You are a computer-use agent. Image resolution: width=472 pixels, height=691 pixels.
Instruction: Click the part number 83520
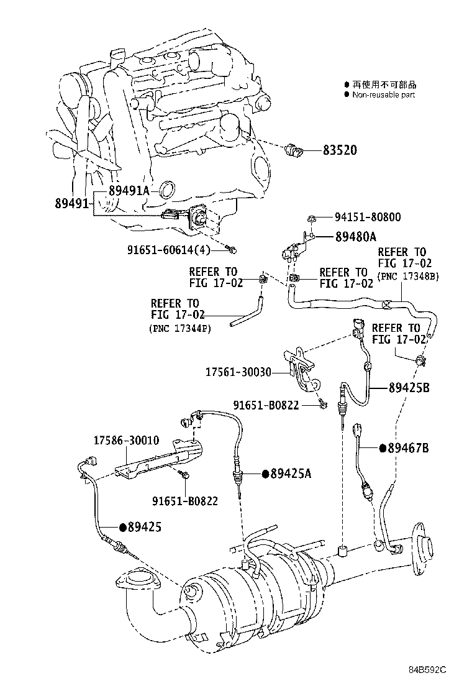(339, 150)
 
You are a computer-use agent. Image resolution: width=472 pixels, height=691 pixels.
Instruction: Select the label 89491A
(129, 191)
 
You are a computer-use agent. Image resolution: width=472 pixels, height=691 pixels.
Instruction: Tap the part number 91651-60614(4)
(169, 250)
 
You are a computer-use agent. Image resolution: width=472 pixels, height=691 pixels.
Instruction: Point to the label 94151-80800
(368, 217)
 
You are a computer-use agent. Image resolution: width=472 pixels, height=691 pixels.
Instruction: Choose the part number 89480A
(356, 236)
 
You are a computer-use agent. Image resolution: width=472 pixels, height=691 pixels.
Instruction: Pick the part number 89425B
(409, 388)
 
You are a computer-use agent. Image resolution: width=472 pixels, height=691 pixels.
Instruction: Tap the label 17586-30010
(126, 441)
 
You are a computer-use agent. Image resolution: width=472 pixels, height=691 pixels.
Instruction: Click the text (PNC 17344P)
(179, 328)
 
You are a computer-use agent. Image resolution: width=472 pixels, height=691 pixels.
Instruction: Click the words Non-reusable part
(383, 95)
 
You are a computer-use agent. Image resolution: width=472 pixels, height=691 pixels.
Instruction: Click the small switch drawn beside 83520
(294, 150)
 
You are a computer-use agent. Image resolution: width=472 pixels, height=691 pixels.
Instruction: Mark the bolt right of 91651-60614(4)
(234, 250)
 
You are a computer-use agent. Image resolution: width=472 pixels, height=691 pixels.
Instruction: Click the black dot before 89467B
(383, 448)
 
